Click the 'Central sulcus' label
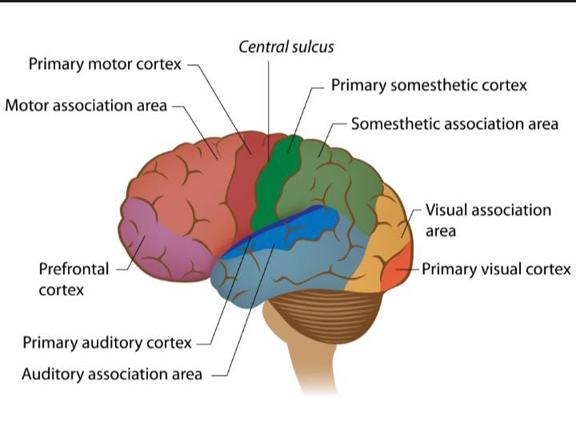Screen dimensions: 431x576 286,46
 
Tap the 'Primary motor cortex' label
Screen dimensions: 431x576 105,64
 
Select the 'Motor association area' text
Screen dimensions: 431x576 86,106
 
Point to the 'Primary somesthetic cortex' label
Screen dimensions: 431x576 429,85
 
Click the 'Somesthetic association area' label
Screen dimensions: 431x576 454,124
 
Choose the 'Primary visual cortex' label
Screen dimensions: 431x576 496,269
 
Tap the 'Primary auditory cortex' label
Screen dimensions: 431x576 107,343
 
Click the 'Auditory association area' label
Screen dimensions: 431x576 111,374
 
